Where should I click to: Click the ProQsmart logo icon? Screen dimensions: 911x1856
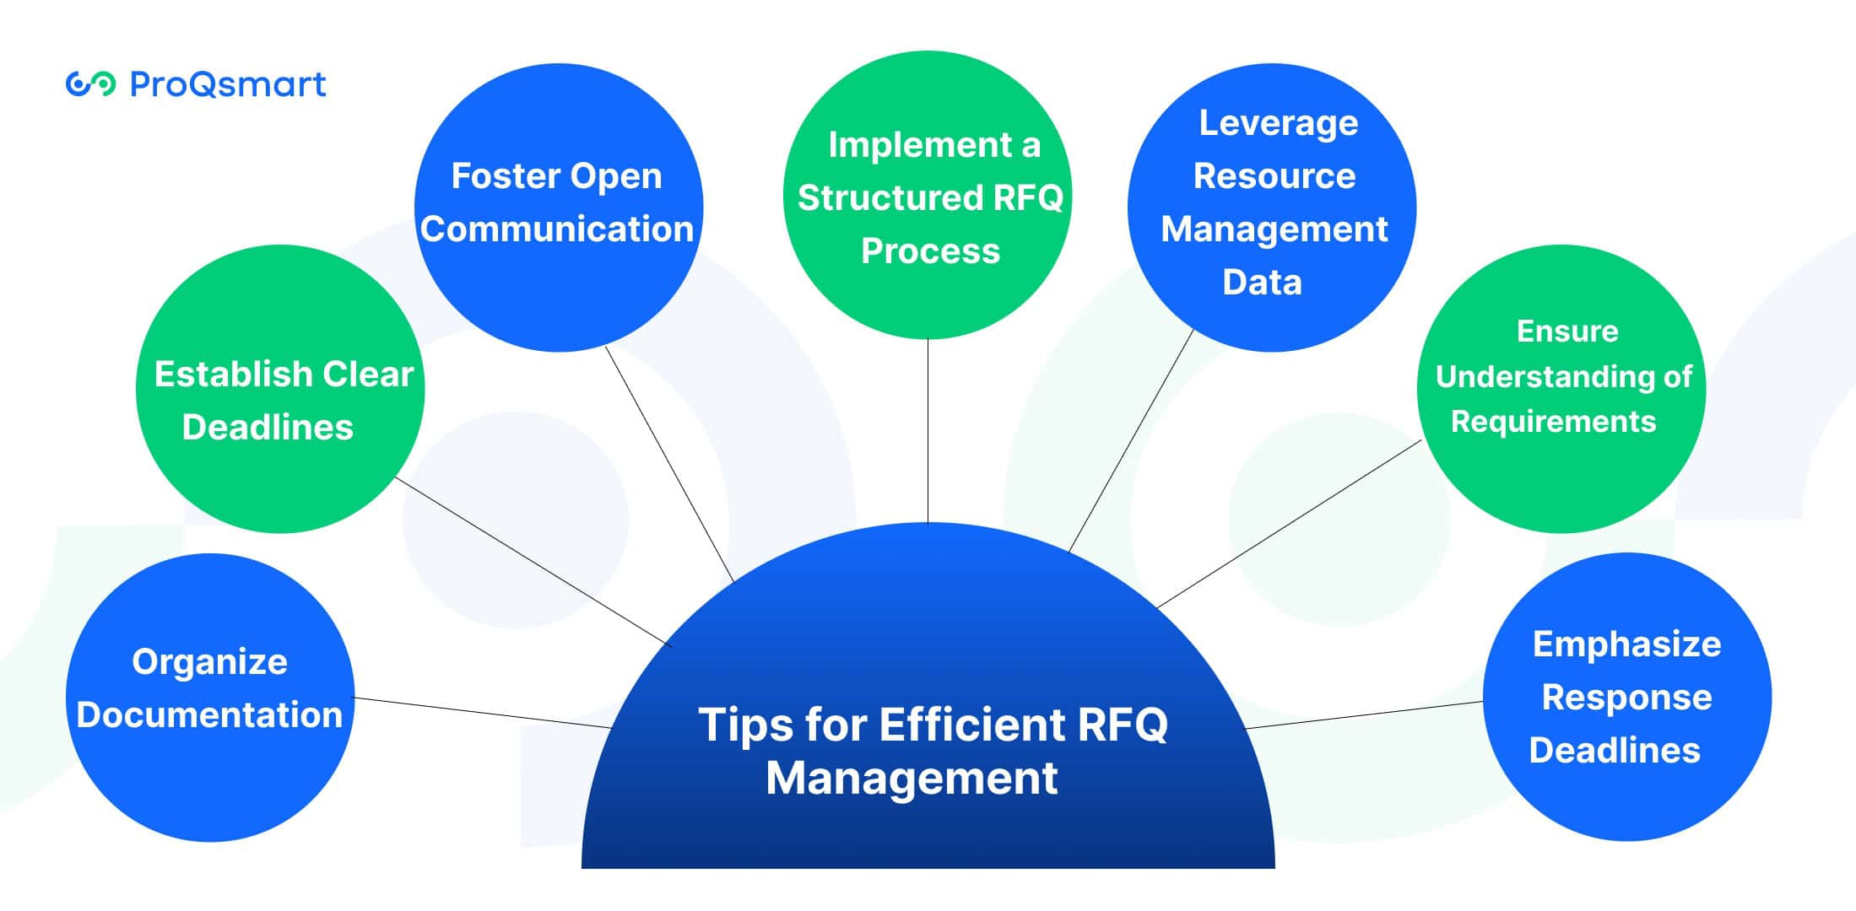[90, 84]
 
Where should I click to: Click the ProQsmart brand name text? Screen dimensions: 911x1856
[228, 84]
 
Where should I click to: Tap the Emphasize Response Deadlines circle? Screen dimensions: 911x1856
[1627, 793]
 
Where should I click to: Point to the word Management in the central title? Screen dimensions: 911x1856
[912, 778]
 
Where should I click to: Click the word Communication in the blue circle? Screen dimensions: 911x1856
[557, 229]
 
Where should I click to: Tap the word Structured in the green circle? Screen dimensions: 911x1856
[890, 198]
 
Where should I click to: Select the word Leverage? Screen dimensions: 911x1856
[1279, 123]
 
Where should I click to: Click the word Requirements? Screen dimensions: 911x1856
[1553, 421]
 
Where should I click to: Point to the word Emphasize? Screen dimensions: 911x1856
[1626, 644]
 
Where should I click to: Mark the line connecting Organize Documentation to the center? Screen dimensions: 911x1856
[481, 713]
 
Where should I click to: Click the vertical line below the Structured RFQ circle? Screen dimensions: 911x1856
[928, 430]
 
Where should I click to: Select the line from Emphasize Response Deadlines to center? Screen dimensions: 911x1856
[1363, 715]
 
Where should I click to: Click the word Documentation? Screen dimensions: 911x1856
[209, 715]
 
